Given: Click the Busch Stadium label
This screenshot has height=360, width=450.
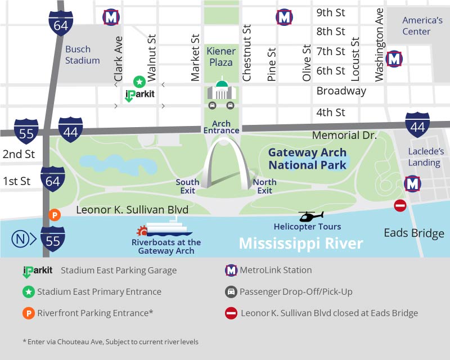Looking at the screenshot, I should [82, 55].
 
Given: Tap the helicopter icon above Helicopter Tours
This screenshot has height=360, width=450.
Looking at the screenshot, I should [310, 216].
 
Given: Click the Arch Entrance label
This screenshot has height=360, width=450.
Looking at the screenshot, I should [226, 127].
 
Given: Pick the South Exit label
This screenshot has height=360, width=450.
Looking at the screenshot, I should [187, 186].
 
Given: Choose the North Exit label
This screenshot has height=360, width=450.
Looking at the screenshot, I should [265, 186].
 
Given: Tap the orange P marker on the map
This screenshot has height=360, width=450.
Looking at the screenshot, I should [54, 214].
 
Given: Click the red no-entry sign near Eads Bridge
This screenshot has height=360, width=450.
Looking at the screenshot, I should [400, 206].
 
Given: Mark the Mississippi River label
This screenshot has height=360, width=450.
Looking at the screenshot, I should [301, 244].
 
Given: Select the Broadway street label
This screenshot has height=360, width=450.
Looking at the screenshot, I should [341, 91].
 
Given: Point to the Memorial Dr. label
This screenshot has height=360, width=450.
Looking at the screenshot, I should [344, 135].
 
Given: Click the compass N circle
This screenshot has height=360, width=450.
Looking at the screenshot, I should [20, 238].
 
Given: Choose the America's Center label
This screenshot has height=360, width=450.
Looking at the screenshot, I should [422, 26].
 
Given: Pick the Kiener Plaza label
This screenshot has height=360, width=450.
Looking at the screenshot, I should [221, 57].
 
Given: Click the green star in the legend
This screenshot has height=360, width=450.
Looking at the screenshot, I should [28, 292].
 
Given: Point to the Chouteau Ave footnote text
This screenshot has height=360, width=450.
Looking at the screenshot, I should [110, 341].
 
